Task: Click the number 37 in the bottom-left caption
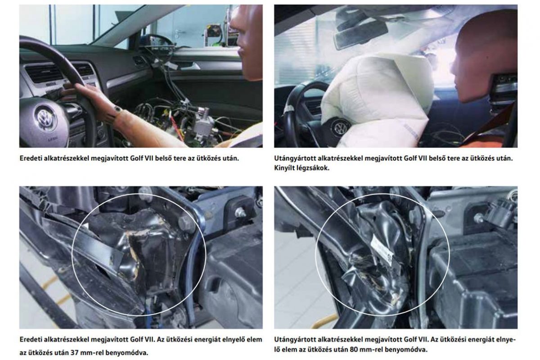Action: pos(75,353)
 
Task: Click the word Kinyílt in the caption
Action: pos(284,168)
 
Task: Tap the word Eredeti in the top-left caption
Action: pos(31,158)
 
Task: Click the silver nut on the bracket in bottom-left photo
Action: pos(240,212)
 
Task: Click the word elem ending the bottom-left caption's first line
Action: pos(254,339)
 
